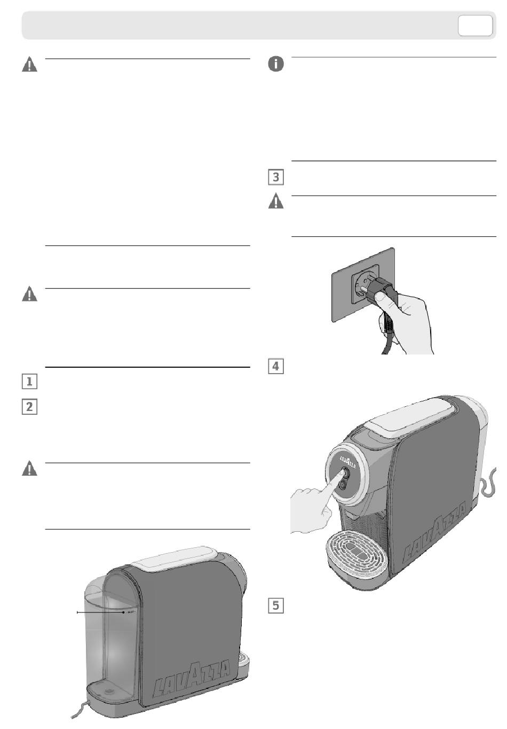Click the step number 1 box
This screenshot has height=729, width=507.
(29, 382)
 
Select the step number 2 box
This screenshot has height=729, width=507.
(29, 407)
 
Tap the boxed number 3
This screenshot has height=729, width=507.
(275, 177)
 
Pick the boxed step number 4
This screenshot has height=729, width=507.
(275, 366)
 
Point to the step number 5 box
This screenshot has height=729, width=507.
(275, 605)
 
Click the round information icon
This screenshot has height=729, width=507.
(275, 65)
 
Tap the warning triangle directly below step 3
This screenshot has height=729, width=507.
(275, 202)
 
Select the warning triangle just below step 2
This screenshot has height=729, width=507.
(29, 469)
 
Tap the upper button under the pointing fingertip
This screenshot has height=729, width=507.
(344, 472)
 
